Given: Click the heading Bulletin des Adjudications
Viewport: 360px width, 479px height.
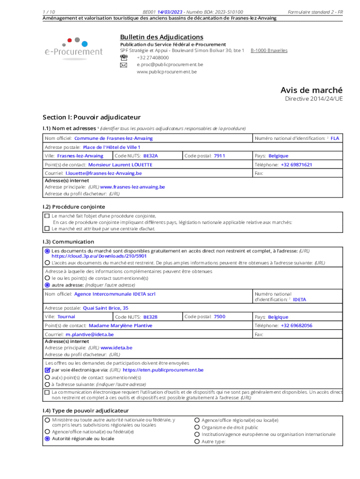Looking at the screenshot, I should pyautogui.click(x=161, y=37).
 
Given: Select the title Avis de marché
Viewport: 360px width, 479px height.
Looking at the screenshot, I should pyautogui.click(x=311, y=90).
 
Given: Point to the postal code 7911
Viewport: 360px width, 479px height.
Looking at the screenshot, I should pyautogui.click(x=219, y=156).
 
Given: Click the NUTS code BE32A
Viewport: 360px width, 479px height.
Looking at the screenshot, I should pyautogui.click(x=151, y=156).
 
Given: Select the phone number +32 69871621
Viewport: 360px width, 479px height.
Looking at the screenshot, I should pyautogui.click(x=296, y=165).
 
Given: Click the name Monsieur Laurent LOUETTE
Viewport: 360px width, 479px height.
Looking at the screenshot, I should pyautogui.click(x=120, y=165).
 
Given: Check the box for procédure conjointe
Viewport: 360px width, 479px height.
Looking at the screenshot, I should pyautogui.click(x=47, y=216).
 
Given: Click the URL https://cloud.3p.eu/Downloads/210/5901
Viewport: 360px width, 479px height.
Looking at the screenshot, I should pyautogui.click(x=99, y=256).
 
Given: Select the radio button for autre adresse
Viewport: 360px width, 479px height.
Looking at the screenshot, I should pyautogui.click(x=47, y=284).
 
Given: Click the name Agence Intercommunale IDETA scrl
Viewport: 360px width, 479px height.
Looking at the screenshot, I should pyautogui.click(x=115, y=294).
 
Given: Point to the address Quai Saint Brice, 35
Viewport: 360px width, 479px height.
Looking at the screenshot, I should pyautogui.click(x=105, y=308).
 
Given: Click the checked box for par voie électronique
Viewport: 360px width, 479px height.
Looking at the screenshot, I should pyautogui.click(x=47, y=370).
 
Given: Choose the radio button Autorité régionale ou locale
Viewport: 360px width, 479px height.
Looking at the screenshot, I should pyautogui.click(x=47, y=439).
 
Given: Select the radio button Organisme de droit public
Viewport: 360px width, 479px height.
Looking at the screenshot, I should pyautogui.click(x=197, y=427).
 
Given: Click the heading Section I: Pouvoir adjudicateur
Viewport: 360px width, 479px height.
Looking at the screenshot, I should pyautogui.click(x=91, y=117).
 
